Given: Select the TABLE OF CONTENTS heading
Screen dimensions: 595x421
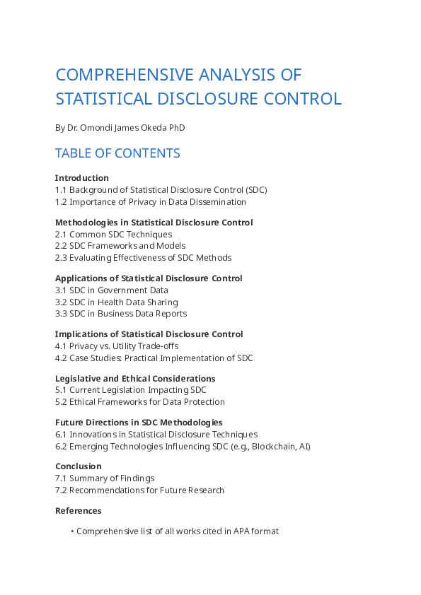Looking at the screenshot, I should pos(117,153).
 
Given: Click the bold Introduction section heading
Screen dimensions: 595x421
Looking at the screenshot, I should pos(82,178).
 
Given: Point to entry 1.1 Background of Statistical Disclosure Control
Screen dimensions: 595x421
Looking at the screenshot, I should pos(161,190).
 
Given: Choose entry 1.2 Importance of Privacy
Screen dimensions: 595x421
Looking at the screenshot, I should pos(151,202).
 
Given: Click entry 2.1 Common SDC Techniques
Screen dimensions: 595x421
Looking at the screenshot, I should pos(113,235).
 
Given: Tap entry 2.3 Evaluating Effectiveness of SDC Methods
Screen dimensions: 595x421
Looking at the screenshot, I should pos(143,258).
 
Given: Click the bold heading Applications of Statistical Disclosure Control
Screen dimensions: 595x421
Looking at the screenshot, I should pos(149,278).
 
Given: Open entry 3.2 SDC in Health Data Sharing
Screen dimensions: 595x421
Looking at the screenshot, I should pos(117,302).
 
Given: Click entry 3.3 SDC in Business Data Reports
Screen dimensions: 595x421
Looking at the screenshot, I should pos(121,314).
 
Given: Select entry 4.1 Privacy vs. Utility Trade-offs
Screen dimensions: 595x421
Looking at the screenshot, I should pos(117,346).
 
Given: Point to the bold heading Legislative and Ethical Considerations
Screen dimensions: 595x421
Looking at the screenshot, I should pos(135,379).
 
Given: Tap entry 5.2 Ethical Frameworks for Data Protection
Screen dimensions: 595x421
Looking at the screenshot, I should pos(140,402).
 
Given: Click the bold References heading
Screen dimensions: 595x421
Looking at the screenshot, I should pos(78,511).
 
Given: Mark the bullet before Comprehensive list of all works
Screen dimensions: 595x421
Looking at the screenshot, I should pos(72,531).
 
